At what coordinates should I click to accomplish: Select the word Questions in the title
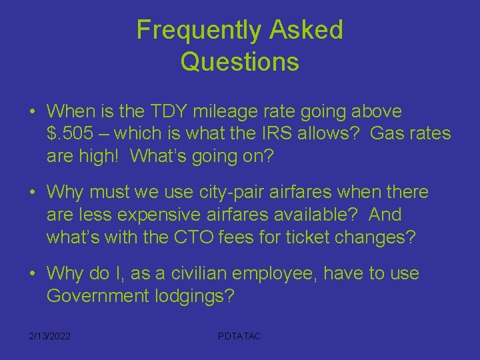coord(239,62)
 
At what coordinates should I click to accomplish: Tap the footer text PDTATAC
coord(239,336)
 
